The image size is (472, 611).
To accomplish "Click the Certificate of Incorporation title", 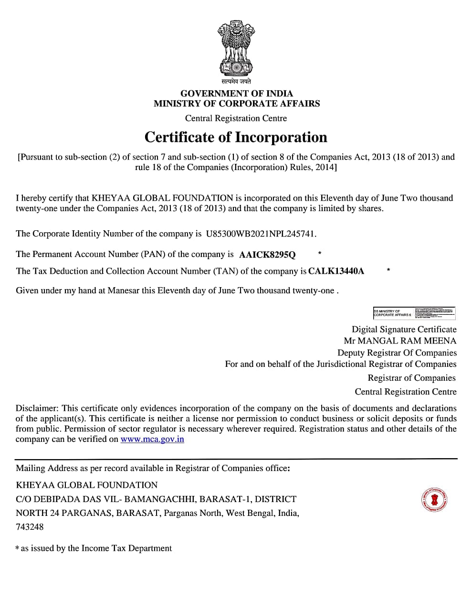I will tap(236, 137).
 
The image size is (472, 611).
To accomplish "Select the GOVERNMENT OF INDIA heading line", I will tap(236, 93).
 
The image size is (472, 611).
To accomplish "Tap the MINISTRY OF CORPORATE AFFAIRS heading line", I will tap(236, 103).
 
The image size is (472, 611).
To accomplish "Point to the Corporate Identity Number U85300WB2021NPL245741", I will tap(261, 234).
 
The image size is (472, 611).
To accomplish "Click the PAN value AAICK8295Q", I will tap(267, 255).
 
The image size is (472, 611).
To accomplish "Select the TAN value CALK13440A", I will tap(336, 271).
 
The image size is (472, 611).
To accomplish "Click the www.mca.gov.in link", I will tap(152, 439).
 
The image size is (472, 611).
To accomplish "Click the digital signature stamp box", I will tap(414, 313).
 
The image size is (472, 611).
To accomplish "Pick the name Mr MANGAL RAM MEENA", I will tap(400, 341).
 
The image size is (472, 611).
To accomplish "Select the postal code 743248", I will tap(30, 527).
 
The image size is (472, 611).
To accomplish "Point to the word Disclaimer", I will tap(36, 408).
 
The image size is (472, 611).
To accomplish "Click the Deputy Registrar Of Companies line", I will tap(397, 353).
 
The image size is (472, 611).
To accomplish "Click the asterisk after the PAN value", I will tap(319, 253).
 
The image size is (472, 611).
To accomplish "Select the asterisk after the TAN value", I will tap(388, 270).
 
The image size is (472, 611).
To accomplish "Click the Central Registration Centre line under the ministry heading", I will tap(236, 118).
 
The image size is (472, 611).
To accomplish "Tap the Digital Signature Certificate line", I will tap(404, 329).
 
